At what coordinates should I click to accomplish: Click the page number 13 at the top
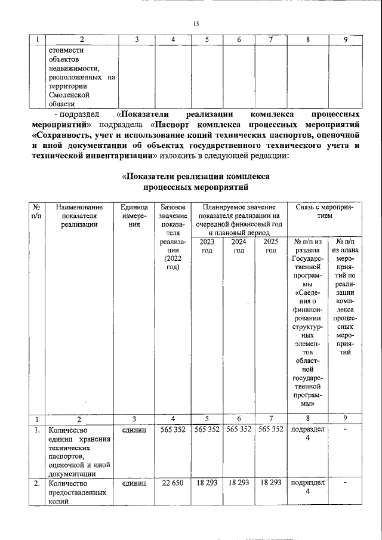[195, 24]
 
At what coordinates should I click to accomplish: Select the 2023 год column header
[207, 246]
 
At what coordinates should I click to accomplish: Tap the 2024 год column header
[239, 246]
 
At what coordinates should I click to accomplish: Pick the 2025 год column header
[270, 246]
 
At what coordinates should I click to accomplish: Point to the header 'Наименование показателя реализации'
[79, 215]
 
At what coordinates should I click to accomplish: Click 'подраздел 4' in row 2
[308, 487]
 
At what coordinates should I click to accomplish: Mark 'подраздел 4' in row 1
[308, 434]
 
